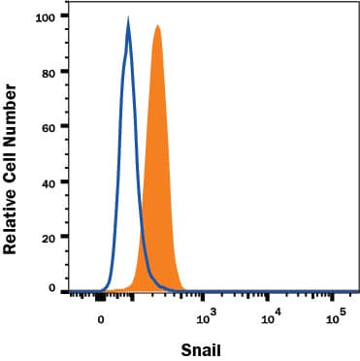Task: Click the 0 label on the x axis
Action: [100, 317]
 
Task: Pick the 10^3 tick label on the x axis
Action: [206, 315]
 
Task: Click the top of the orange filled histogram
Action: [156, 26]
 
